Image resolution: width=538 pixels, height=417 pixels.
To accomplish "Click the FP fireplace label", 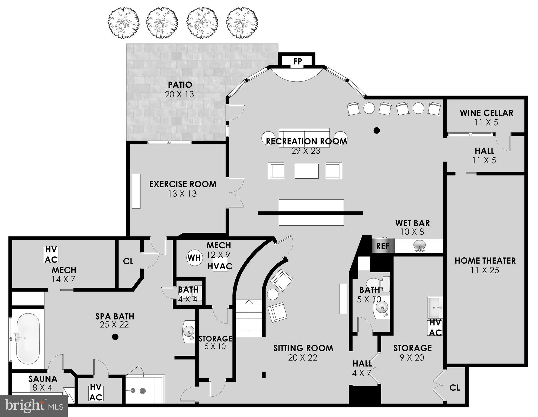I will tap(297, 61).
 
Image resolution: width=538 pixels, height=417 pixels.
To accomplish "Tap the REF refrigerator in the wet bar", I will tap(383, 246).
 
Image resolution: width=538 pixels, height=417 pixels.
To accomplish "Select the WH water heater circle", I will tap(194, 257).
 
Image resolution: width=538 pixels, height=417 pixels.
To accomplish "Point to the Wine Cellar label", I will tap(486, 113).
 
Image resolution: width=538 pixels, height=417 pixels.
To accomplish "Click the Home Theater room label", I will tap(485, 261).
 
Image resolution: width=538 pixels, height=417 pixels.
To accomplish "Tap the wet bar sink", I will tap(419, 245).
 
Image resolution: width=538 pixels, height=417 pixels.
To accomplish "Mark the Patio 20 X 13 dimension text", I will tap(180, 94).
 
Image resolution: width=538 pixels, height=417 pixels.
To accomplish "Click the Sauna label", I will tap(43, 379).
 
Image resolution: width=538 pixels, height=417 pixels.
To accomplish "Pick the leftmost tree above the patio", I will tap(124, 23).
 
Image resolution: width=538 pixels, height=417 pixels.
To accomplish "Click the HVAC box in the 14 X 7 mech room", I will tap(51, 254).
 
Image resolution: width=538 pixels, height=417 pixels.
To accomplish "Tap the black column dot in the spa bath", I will tap(115, 337).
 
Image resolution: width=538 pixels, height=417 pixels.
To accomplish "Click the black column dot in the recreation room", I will tap(376, 131).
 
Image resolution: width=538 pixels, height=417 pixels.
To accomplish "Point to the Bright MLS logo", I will tap(34, 406).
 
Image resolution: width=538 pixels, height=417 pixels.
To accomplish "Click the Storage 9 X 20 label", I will tap(412, 348).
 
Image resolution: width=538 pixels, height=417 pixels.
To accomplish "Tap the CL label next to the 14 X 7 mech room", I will tap(128, 261).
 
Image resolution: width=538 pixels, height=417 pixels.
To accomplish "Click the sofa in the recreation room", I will tap(304, 138).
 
